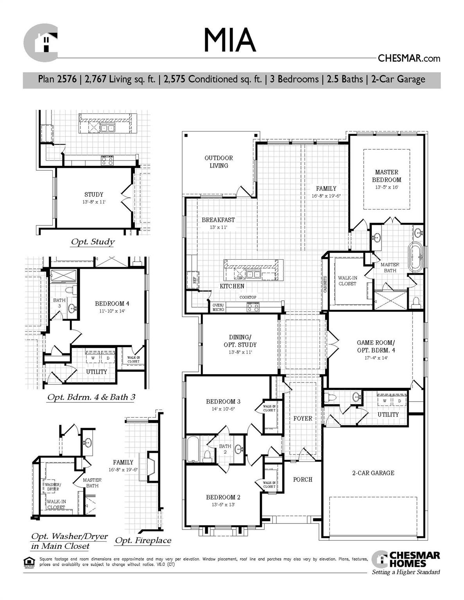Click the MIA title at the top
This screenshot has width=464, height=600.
tap(229, 40)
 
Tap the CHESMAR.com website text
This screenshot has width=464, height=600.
tap(408, 58)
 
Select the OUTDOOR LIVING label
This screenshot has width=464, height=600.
tap(219, 162)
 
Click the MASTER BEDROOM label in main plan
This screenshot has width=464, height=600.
tap(386, 176)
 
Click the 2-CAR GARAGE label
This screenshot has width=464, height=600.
tap(373, 473)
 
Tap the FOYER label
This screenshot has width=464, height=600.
tap(303, 418)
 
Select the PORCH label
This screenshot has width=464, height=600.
tap(303, 479)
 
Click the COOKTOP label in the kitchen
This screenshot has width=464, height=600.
tap(248, 297)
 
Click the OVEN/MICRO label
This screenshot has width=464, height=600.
tap(218, 307)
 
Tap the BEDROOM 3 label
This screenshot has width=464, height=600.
tap(223, 402)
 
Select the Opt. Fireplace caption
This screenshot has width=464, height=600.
tap(143, 541)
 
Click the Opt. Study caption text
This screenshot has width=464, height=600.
tap(93, 242)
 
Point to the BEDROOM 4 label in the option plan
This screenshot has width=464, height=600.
tap(112, 304)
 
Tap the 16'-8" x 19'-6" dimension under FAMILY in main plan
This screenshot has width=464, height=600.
tap(326, 196)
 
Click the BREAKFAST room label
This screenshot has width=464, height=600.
tap(218, 220)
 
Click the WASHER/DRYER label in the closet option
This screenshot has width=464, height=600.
tap(53, 487)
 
